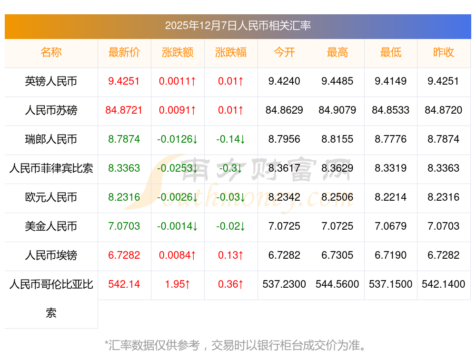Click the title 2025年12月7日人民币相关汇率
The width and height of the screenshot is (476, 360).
tap(238, 26)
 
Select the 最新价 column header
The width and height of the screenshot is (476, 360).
tap(124, 52)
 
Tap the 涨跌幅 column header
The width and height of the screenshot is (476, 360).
tap(231, 52)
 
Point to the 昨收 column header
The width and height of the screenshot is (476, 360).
tap(444, 52)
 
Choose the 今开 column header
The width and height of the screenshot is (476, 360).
tap(284, 52)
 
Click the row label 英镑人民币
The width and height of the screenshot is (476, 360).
tap(51, 81)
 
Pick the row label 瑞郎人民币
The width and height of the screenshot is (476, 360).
tap(51, 139)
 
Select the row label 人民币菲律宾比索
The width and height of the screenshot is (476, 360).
tap(51, 168)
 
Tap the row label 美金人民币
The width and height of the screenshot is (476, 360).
tap(51, 226)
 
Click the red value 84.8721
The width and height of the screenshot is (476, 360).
tap(124, 110)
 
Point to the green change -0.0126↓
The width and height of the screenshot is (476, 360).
tap(178, 139)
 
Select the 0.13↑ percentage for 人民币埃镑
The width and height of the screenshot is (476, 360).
tap(231, 255)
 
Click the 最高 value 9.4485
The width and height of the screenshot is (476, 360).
tap(337, 81)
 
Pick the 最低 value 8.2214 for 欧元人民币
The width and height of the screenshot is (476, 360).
tap(391, 197)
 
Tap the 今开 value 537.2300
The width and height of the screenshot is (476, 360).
tap(284, 284)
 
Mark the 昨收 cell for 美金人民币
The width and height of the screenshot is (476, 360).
tap(444, 226)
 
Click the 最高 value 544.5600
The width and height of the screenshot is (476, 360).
tap(337, 284)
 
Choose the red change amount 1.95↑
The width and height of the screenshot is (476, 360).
tap(178, 284)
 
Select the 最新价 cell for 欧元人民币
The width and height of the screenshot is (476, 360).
tap(124, 197)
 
